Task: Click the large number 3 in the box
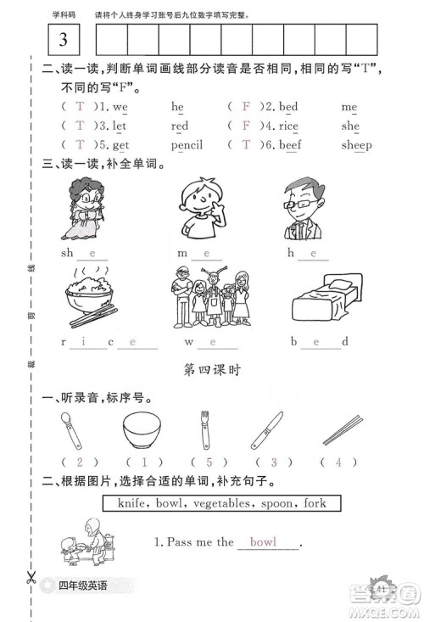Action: click(x=63, y=39)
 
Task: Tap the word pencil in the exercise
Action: click(x=187, y=145)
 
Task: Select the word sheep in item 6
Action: click(x=356, y=145)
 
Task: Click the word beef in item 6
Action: click(x=290, y=145)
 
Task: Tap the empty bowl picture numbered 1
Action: click(x=142, y=430)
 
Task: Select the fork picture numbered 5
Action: click(x=203, y=430)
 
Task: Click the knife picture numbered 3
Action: click(x=266, y=429)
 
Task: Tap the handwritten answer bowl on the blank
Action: click(x=263, y=541)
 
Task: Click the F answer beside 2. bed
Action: click(x=246, y=108)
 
